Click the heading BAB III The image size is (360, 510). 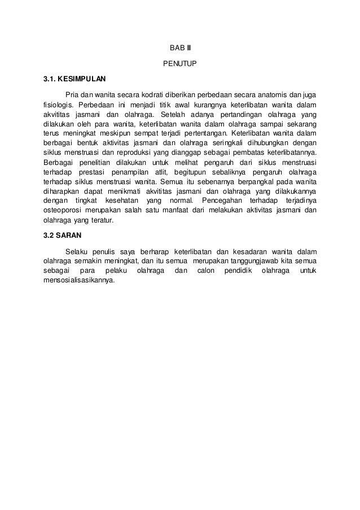click(181, 47)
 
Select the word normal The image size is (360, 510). click(179, 202)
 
